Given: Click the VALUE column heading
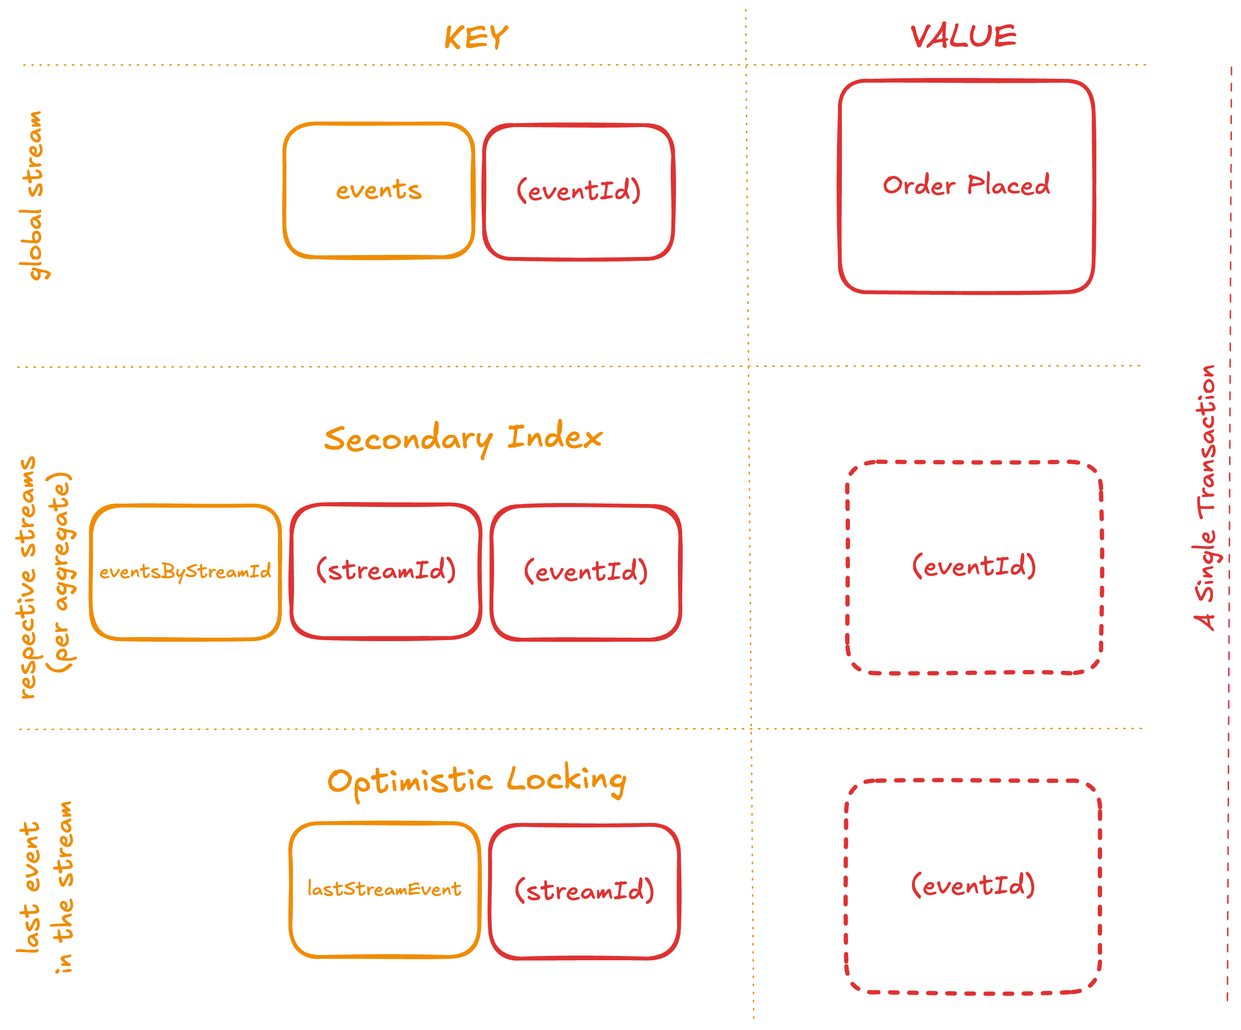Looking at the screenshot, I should pyautogui.click(x=963, y=37).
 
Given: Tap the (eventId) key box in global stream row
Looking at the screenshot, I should pyautogui.click(x=579, y=192).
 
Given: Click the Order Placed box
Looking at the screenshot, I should pyautogui.click(x=966, y=186).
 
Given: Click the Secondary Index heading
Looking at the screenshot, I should pyautogui.click(x=463, y=438).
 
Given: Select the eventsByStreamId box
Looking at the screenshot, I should pyautogui.click(x=185, y=572).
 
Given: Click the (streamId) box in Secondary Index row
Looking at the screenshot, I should pyautogui.click(x=386, y=570).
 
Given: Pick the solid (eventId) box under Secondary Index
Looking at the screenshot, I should pyautogui.click(x=585, y=572).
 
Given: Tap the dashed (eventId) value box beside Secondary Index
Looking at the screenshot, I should pyautogui.click(x=974, y=567).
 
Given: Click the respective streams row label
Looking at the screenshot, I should pyautogui.click(x=28, y=578).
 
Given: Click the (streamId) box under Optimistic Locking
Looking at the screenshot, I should pyautogui.click(x=584, y=891).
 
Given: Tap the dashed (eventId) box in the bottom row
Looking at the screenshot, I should pyautogui.click(x=973, y=885).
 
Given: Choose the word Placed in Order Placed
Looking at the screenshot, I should pyautogui.click(x=1009, y=186).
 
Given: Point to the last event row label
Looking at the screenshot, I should pyautogui.click(x=28, y=887).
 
